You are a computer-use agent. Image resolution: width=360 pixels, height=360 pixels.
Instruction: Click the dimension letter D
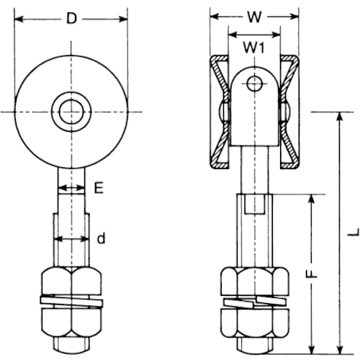click(x=70, y=18)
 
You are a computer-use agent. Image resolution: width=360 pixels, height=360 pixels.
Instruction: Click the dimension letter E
click(x=99, y=188)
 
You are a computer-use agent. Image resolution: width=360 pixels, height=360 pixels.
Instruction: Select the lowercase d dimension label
click(x=101, y=239)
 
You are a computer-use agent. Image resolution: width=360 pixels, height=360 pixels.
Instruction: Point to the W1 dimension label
click(x=252, y=48)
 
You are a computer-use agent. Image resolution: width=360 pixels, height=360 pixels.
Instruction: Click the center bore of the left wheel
click(x=71, y=111)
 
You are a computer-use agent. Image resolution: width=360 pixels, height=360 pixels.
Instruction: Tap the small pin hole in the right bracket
click(x=253, y=84)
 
